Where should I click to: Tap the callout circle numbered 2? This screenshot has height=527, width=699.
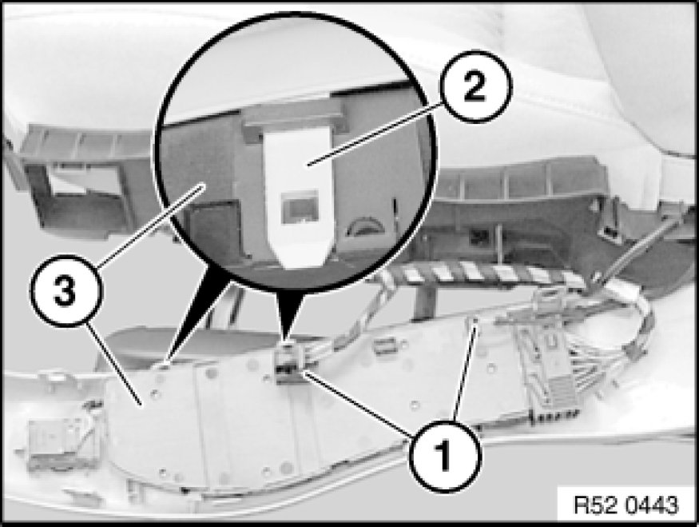coord(475,86)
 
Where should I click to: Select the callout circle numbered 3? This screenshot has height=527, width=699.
coord(66,290)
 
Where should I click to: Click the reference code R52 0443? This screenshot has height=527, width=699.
coord(625,505)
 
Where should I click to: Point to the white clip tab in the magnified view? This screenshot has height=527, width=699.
coord(298,192)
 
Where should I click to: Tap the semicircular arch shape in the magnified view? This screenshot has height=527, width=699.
coord(365,226)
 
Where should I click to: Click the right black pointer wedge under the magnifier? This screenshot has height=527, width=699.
coord(289,313)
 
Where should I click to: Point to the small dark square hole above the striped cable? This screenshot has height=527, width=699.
coord(479,235)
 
